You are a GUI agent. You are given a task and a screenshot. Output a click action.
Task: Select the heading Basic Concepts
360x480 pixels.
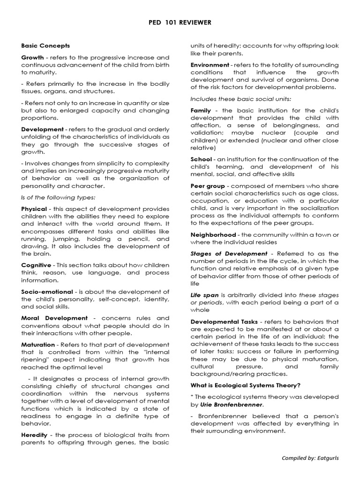point(45,45)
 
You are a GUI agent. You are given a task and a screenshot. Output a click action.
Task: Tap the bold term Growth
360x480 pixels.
point(32,57)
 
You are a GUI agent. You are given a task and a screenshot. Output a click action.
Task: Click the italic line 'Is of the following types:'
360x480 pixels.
point(57,197)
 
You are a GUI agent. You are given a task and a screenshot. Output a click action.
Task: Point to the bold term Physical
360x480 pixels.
point(34,209)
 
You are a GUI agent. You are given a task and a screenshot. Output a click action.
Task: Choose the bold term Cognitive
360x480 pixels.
point(36,265)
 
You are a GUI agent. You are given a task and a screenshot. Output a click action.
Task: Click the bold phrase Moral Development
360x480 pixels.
point(54,318)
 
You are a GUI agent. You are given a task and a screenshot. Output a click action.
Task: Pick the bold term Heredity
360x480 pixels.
point(34,435)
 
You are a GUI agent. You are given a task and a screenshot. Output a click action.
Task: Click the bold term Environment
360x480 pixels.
point(210,64)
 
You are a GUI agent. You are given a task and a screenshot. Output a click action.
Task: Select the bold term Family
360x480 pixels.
point(201,110)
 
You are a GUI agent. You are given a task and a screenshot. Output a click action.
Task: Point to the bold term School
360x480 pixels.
point(201,159)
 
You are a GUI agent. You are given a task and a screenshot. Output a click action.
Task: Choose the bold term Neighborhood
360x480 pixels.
point(213,235)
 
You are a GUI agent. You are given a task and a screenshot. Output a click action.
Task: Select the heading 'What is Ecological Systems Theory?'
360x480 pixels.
point(245,385)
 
